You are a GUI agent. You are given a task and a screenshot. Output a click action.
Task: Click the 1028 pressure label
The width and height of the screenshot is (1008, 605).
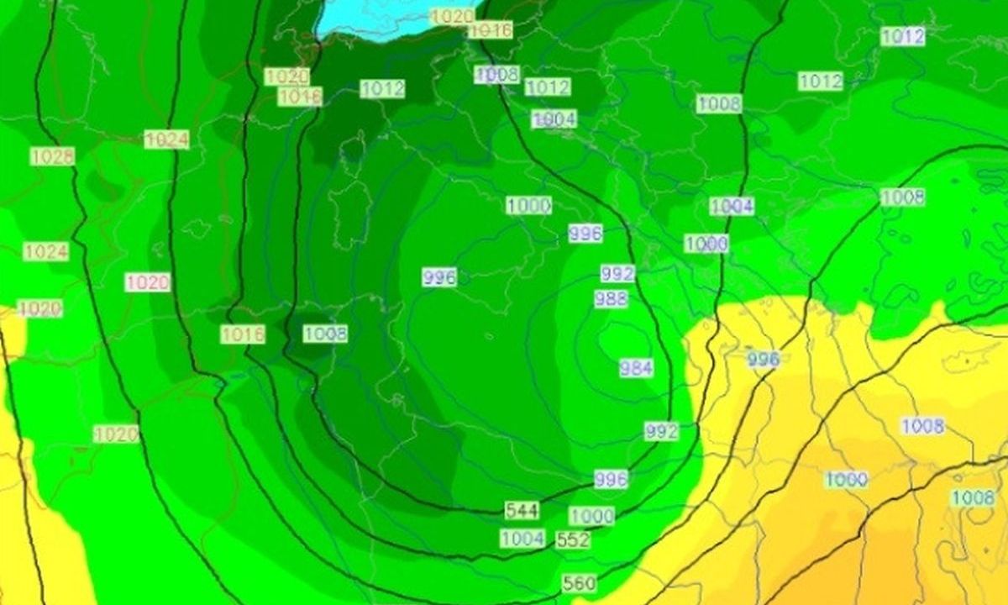pos(52,156)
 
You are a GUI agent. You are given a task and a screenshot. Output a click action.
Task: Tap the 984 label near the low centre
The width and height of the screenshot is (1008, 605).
pos(636,367)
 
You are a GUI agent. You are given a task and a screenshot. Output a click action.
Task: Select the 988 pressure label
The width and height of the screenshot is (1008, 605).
pos(611,299)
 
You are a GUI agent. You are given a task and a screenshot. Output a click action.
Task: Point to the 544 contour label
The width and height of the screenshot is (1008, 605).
pos(522,510)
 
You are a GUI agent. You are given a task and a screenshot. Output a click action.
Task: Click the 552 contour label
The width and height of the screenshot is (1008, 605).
pos(573,540)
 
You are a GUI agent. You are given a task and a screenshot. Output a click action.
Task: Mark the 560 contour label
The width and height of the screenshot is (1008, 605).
pos(580,582)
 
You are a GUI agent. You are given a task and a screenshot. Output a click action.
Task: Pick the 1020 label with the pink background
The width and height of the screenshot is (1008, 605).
pos(148,282)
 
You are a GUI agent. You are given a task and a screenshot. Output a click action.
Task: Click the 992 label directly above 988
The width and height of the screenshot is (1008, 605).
pos(617,274)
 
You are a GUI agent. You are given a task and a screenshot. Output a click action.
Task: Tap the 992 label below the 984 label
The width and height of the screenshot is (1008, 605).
pos(661,431)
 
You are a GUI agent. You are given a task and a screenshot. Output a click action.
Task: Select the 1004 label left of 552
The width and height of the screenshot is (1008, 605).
pos(522,539)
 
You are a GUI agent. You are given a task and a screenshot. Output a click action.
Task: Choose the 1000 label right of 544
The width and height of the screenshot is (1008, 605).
pos(591,516)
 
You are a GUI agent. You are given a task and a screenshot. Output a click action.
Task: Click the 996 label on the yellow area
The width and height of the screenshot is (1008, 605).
pos(763,360)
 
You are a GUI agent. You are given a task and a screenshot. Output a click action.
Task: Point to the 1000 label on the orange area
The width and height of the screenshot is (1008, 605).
pos(846,480)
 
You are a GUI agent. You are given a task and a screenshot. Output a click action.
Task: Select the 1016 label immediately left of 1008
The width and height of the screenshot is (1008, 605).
pos(243,334)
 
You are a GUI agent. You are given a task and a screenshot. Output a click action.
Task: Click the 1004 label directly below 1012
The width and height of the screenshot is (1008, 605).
pos(554,119)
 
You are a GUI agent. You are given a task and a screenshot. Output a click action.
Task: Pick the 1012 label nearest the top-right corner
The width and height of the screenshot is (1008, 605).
pos(903,36)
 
